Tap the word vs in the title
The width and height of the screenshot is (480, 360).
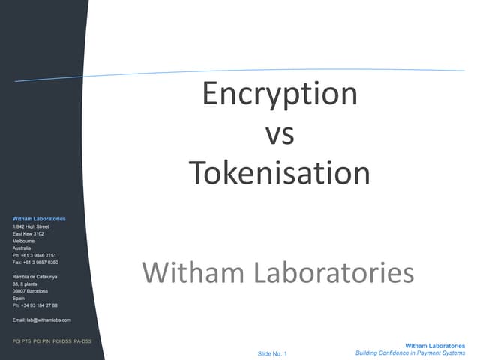(x=280, y=134)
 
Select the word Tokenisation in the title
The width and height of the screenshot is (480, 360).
(x=280, y=173)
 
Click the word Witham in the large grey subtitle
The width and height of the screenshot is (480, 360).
(x=193, y=272)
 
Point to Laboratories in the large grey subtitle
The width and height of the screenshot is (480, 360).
(x=334, y=272)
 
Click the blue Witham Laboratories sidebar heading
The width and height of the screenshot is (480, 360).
(x=39, y=219)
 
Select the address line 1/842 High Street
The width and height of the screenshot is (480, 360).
(x=31, y=226)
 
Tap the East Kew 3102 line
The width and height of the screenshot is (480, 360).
(x=28, y=233)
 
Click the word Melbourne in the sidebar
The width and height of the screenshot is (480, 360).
(x=23, y=241)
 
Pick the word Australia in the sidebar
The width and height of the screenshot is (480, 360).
(x=22, y=248)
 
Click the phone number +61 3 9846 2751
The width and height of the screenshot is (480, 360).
(x=38, y=255)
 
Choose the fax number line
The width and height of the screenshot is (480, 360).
(x=35, y=262)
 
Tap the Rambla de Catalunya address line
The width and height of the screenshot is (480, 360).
(x=35, y=277)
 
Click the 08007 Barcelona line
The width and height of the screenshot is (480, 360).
(x=30, y=291)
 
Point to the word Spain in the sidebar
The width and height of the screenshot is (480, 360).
(x=19, y=298)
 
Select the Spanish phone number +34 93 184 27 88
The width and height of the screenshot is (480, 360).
(x=39, y=305)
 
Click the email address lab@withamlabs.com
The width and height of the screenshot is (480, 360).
(x=49, y=320)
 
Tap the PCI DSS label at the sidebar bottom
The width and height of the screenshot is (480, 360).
(x=61, y=341)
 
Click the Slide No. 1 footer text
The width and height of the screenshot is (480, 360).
(x=272, y=353)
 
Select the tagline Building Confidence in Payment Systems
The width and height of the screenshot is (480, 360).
(x=410, y=353)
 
